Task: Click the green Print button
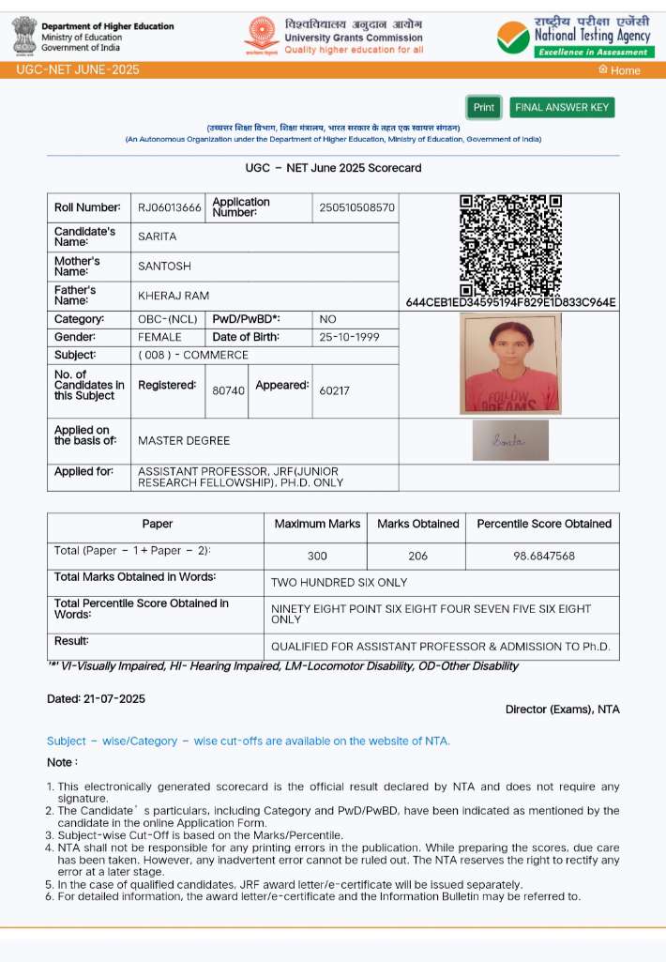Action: [483, 107]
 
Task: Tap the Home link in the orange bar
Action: [619, 70]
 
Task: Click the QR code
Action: [510, 244]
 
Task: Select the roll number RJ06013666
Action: [170, 207]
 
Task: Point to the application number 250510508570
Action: [357, 207]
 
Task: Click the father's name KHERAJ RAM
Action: [174, 296]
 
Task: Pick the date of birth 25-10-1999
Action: [349, 337]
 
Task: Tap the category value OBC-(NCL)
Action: [168, 319]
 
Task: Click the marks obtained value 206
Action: [417, 557]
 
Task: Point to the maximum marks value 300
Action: [317, 557]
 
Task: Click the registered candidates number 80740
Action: [229, 390]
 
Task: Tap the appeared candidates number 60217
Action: [334, 390]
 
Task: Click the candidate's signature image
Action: [510, 440]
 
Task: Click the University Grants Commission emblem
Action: [262, 36]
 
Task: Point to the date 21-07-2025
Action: [114, 699]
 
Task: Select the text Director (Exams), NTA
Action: [562, 710]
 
